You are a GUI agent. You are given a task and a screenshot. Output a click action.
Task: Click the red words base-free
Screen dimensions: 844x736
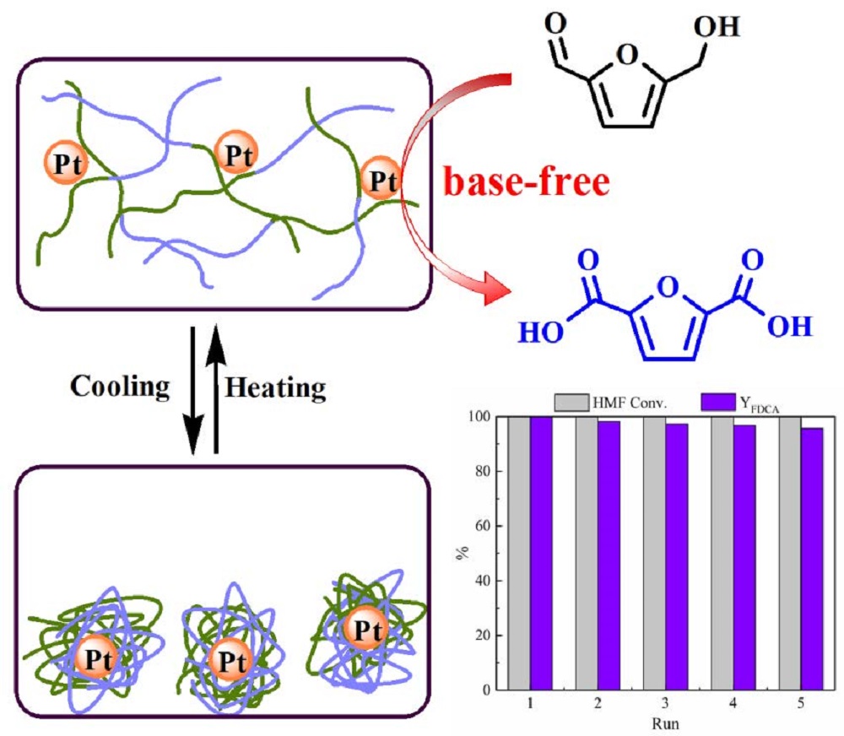point(527,182)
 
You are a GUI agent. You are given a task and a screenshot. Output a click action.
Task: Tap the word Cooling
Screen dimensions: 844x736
point(120,387)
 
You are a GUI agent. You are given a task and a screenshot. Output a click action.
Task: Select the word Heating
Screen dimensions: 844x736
point(275,387)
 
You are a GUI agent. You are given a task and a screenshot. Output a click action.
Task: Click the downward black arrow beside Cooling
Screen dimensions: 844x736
point(193,390)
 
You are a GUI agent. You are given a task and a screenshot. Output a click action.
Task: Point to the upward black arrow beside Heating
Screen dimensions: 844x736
point(216,388)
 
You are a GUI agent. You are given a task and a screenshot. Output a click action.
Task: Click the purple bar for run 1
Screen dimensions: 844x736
point(542,552)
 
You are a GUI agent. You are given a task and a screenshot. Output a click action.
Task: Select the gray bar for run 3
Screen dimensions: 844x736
point(655,552)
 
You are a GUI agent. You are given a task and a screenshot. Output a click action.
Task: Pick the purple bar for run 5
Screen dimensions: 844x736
point(812,559)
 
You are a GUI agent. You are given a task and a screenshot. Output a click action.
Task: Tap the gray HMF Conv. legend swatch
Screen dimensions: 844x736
point(571,403)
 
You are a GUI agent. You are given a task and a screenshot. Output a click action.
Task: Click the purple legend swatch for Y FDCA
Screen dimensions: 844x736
point(718,402)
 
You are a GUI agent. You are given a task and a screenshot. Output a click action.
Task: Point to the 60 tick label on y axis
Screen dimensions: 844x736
point(482,526)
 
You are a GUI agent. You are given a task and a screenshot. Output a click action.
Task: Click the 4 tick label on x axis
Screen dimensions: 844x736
point(733,703)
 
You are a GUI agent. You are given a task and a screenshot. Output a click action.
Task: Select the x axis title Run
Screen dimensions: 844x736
point(665,723)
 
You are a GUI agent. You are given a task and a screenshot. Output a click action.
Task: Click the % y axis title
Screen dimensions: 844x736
point(463,553)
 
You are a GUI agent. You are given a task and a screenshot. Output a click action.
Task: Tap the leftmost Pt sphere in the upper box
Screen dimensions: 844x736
point(66,163)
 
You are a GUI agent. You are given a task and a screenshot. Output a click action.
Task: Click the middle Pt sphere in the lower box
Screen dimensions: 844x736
point(231,660)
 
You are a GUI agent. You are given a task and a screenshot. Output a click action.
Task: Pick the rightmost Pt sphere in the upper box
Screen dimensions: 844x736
point(381,179)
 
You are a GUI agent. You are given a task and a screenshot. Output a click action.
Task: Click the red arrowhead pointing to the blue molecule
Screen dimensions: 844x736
point(495,288)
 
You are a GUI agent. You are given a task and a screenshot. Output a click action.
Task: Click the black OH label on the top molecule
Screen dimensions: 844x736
point(717,27)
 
